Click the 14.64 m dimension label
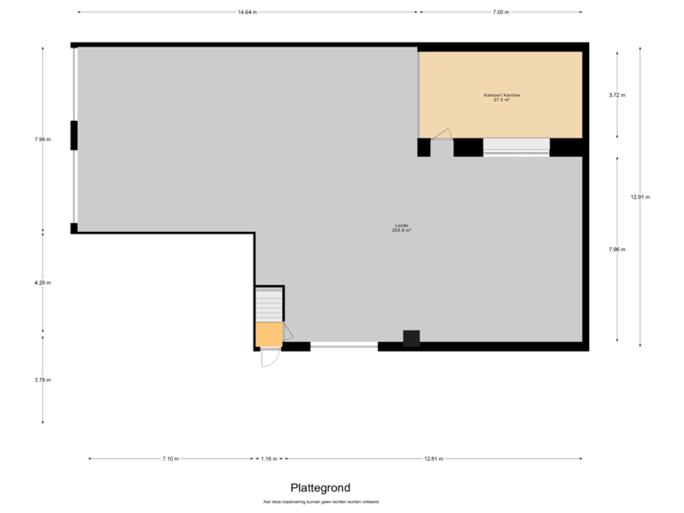pos(247,12)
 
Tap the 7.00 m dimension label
pos(500,12)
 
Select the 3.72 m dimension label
pos(617,95)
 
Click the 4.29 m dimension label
pos(42,282)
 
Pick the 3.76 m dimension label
pos(42,380)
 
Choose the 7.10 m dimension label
pos(170,459)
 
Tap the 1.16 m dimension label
pos(270,459)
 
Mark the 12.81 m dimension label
pos(432,459)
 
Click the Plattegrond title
pos(320,487)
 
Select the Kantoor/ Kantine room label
pos(501,97)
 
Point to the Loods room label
pos(401,228)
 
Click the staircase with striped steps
pos(269,305)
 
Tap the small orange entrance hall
pos(269,334)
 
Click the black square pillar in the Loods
pos(411,338)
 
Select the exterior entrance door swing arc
pos(269,359)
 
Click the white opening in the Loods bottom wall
pos(344,348)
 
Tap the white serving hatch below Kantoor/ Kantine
pos(516,147)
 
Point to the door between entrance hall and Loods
pos(287,332)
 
